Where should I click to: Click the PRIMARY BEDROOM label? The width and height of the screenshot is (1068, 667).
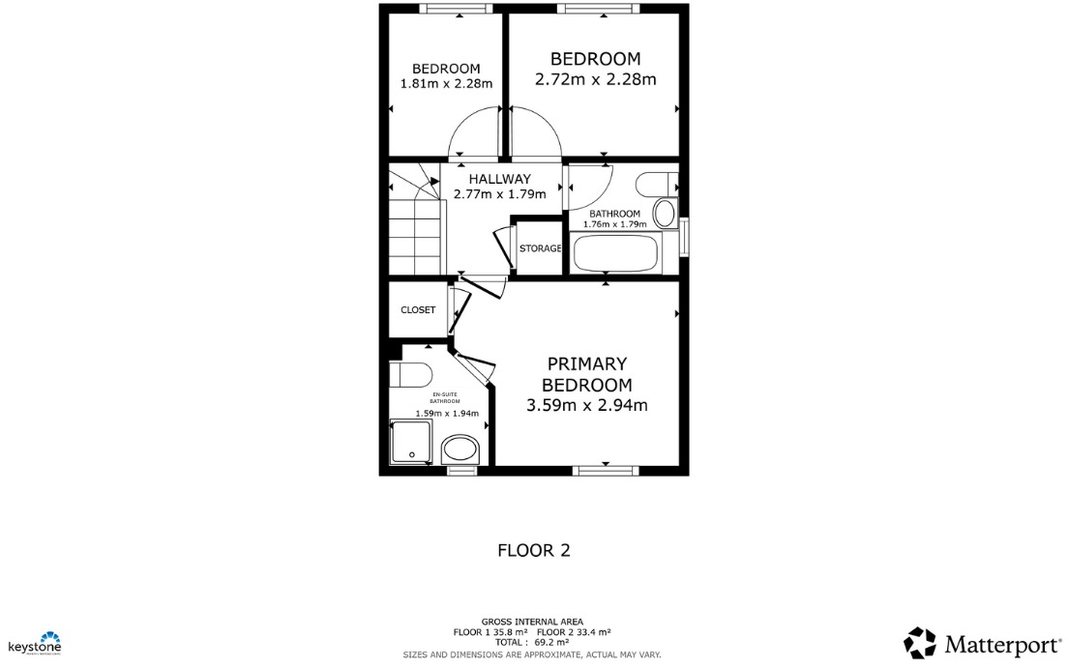coord(586,374)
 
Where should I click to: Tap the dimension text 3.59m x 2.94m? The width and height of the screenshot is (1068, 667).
coord(586,406)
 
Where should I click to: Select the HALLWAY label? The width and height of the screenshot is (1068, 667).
coord(499,179)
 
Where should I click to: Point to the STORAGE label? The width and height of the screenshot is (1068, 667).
coord(540,248)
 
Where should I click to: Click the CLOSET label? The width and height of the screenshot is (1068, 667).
coord(418,310)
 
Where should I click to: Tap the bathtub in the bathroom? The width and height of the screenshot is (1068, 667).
coord(615,254)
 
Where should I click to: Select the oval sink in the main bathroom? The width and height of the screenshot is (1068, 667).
coord(665,213)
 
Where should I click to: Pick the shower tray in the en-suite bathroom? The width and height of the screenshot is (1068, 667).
coord(411,442)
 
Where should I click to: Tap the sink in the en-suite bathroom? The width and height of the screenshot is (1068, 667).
coord(460,449)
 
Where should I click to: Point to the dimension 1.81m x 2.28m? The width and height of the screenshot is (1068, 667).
coord(446,83)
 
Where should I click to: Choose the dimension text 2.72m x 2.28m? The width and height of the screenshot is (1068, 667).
coord(595,79)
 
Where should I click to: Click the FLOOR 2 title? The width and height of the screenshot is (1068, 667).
coord(533,551)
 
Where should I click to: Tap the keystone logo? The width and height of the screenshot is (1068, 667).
coord(35,643)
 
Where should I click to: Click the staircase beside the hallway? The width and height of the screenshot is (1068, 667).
coord(413,227)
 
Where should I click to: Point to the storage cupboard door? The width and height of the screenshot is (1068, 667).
coord(504,247)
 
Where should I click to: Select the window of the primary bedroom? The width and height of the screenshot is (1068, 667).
coord(605,471)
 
